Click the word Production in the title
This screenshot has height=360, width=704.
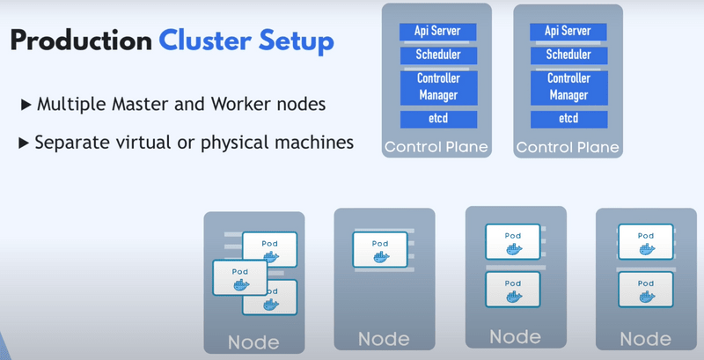tap(81, 42)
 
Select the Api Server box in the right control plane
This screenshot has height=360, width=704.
tap(568, 31)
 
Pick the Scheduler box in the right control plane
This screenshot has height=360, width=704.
tap(568, 55)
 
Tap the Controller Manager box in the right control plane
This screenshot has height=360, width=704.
tap(568, 86)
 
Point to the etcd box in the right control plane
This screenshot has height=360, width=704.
tap(568, 118)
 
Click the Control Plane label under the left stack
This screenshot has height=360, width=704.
tap(435, 146)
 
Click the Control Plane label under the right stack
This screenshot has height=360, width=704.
tap(568, 146)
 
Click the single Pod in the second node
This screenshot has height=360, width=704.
tap(380, 250)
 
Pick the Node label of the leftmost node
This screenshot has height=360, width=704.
tap(253, 342)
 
